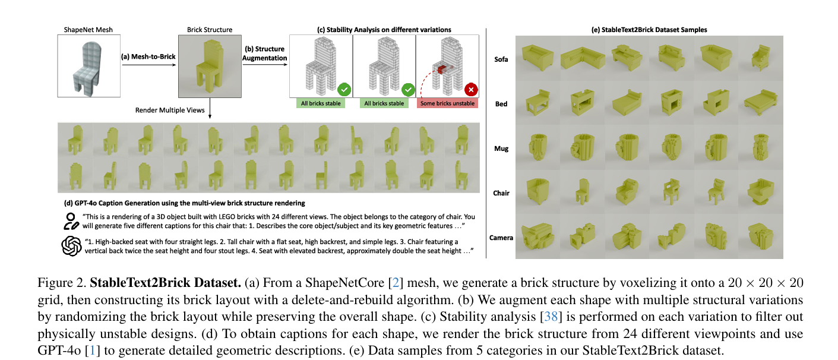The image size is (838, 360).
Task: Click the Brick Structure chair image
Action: [x=209, y=65]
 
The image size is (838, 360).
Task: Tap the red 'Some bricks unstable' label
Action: [x=448, y=103]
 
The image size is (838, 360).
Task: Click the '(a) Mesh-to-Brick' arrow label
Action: [x=144, y=57]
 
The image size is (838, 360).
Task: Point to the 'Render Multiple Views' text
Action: [x=170, y=110]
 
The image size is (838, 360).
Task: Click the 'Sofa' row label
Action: [x=501, y=59]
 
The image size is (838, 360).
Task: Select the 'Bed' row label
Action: [x=501, y=104]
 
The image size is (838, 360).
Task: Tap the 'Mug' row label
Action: [x=501, y=149]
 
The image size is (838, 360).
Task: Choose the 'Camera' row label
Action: [x=501, y=238]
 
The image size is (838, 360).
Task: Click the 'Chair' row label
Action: [x=501, y=193]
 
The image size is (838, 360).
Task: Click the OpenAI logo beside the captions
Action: [x=71, y=246]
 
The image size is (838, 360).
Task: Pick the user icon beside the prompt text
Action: [x=71, y=221]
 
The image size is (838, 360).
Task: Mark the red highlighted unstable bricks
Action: [x=440, y=69]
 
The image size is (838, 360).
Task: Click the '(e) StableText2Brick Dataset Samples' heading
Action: [x=649, y=30]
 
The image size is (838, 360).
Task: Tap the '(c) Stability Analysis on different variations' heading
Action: [x=384, y=30]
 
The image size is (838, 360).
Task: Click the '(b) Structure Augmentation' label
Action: [x=264, y=53]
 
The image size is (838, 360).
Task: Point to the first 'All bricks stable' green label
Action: [x=321, y=103]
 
